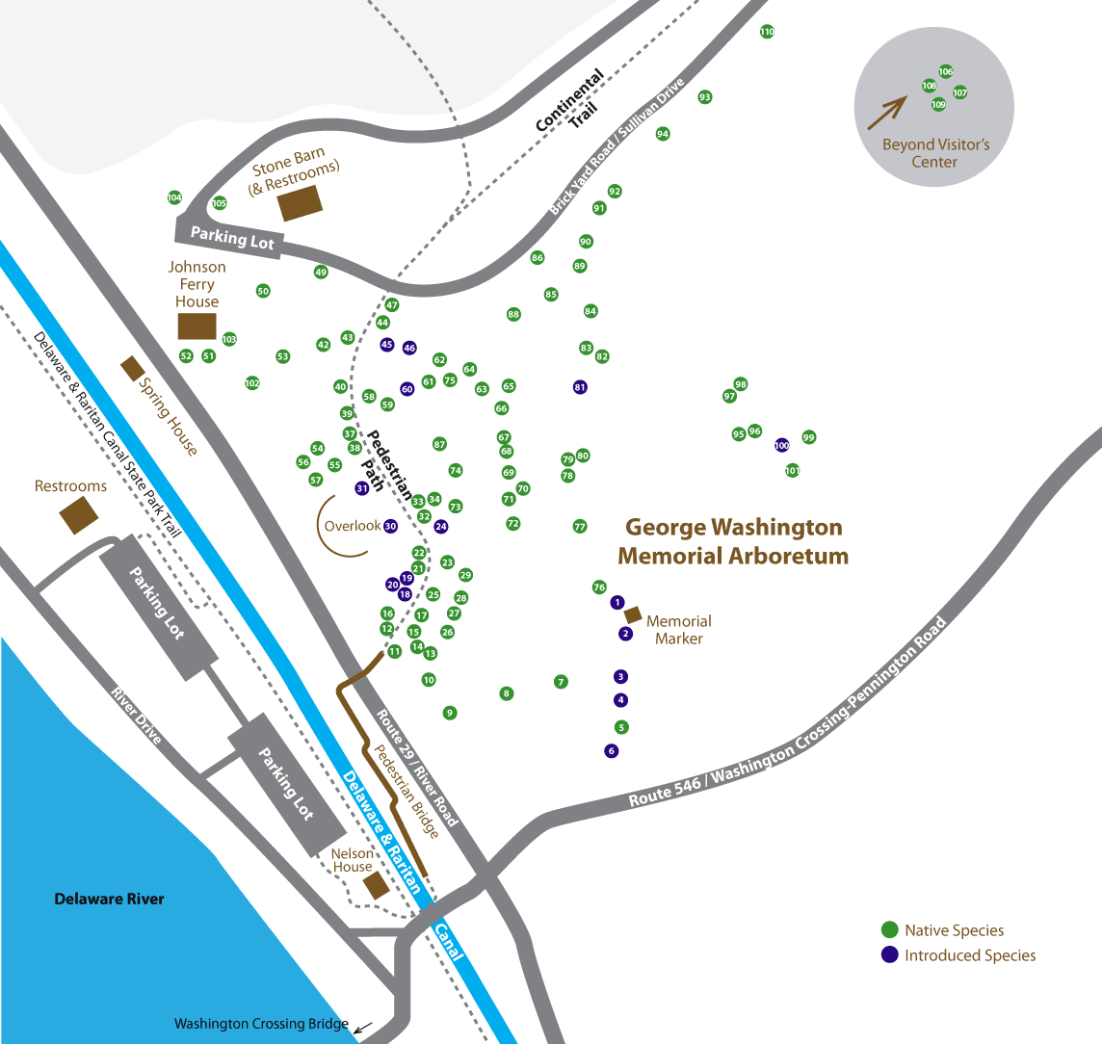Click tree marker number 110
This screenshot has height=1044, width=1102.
767,32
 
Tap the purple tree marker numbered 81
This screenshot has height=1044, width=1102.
580,387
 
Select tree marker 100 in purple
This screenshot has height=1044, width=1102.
781,445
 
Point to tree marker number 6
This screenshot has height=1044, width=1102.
611,751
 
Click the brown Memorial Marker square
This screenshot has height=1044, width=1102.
634,614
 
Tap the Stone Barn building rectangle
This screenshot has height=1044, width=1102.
301,203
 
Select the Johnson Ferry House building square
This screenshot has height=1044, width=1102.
197,326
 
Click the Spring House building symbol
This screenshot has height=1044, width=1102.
132,368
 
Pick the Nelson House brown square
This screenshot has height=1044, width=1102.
376,886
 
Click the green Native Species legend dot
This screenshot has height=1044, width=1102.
890,930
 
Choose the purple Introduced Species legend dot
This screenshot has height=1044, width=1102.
890,955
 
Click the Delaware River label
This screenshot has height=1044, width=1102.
109,900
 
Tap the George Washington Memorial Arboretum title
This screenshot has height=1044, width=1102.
733,541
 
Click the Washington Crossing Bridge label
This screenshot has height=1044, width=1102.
260,1024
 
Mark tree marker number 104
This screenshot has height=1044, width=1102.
174,197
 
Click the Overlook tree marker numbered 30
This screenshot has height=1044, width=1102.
390,527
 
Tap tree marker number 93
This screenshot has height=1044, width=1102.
705,97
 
